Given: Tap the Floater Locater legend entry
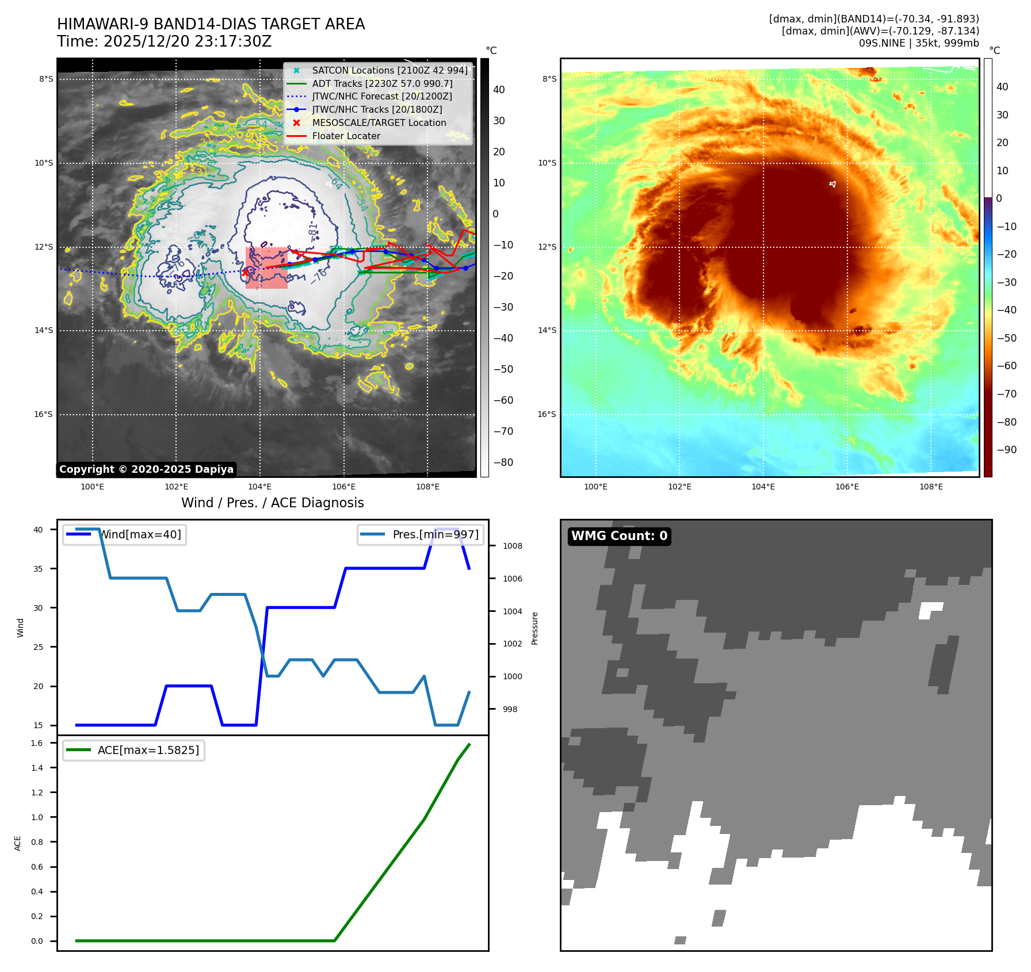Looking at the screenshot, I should pyautogui.click(x=346, y=136).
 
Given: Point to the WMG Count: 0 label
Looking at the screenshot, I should pyautogui.click(x=619, y=536).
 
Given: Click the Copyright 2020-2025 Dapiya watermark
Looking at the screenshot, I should pyautogui.click(x=146, y=469).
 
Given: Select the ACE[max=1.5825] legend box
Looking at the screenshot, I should pyautogui.click(x=133, y=750).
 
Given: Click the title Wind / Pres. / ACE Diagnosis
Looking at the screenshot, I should pyautogui.click(x=272, y=503).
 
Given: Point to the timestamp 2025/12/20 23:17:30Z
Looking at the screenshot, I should pyautogui.click(x=188, y=42).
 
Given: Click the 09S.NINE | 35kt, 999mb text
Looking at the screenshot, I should pyautogui.click(x=918, y=43).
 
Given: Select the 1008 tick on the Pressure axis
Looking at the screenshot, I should pyautogui.click(x=512, y=546).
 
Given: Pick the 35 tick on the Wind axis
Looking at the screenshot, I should pyautogui.click(x=38, y=569).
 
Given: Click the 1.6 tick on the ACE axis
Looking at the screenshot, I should pyautogui.click(x=37, y=743).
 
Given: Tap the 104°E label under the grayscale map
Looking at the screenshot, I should pyautogui.click(x=259, y=487).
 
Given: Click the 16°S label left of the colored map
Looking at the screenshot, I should pyautogui.click(x=547, y=414).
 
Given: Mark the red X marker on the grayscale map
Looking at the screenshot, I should pyautogui.click(x=246, y=273).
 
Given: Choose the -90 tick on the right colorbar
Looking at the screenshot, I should pyautogui.click(x=1006, y=450).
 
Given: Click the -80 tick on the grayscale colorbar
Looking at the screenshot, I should pyautogui.click(x=503, y=462).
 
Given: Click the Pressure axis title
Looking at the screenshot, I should pyautogui.click(x=534, y=628).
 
